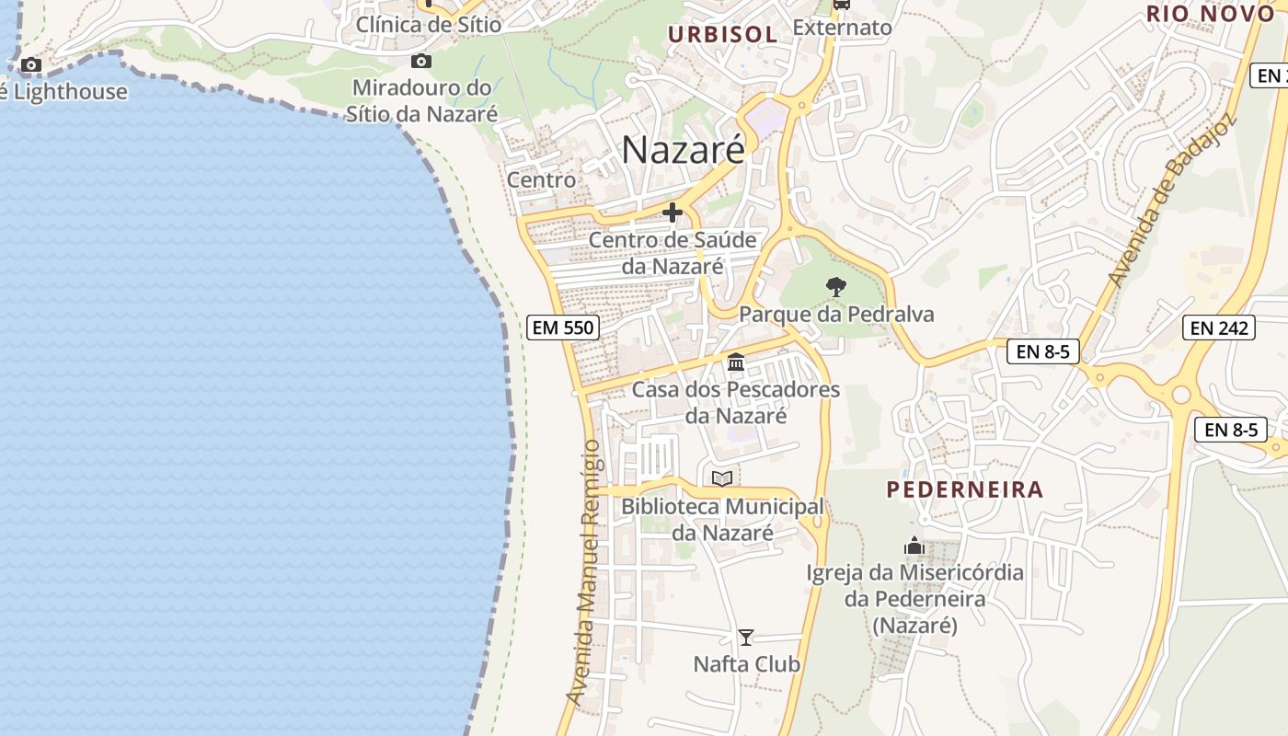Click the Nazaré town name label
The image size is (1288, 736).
(683, 150)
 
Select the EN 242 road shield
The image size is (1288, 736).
(1218, 327)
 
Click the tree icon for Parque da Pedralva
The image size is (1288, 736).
(835, 287)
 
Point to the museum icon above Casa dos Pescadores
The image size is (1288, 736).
(736, 362)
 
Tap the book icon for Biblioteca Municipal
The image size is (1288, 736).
(722, 478)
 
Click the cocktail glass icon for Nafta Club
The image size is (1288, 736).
(746, 637)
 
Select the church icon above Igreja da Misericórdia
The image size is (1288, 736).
(914, 546)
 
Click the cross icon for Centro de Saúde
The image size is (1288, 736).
(673, 213)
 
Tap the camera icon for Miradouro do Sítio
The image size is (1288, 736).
(421, 62)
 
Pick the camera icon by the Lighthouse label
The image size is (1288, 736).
(31, 65)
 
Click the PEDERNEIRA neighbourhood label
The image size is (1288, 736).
(965, 489)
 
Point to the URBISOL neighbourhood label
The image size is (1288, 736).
(722, 35)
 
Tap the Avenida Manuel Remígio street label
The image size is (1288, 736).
(589, 572)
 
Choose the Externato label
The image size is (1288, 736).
(842, 28)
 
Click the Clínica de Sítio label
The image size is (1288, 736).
(429, 25)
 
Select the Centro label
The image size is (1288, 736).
(542, 180)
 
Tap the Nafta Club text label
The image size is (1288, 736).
(746, 664)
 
